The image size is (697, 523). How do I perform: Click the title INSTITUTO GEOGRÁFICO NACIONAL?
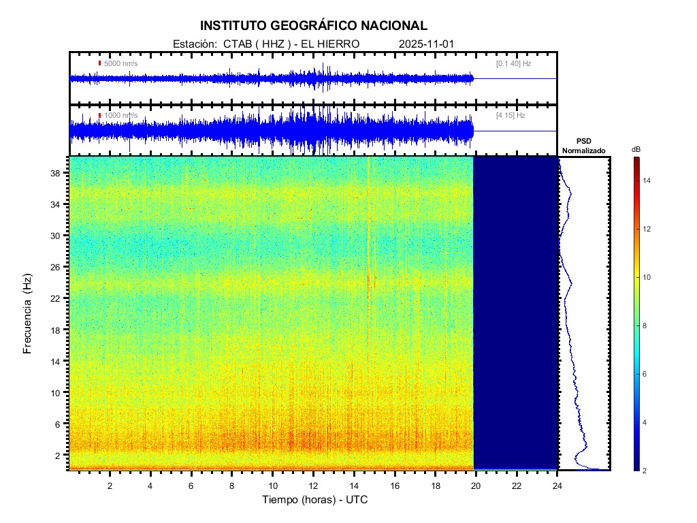pos(314,26)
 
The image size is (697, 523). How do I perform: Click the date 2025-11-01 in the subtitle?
pos(426,44)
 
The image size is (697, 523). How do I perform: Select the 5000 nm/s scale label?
pos(120,63)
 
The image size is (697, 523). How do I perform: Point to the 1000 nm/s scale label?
pos(120,116)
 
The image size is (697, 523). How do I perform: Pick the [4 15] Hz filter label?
pos(510,116)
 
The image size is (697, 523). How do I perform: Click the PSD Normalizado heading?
pos(583,146)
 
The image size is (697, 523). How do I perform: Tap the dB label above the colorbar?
pos(636,149)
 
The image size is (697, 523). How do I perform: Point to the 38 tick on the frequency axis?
pos(56,173)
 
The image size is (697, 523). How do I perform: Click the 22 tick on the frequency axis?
pos(56,298)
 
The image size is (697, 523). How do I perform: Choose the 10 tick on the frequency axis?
pos(56,392)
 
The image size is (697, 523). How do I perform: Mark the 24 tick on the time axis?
pos(557,486)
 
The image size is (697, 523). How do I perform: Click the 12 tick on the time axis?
pos(313,486)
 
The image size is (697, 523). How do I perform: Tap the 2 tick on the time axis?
pos(110,486)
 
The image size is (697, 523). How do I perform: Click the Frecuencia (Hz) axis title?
pos(28,313)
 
